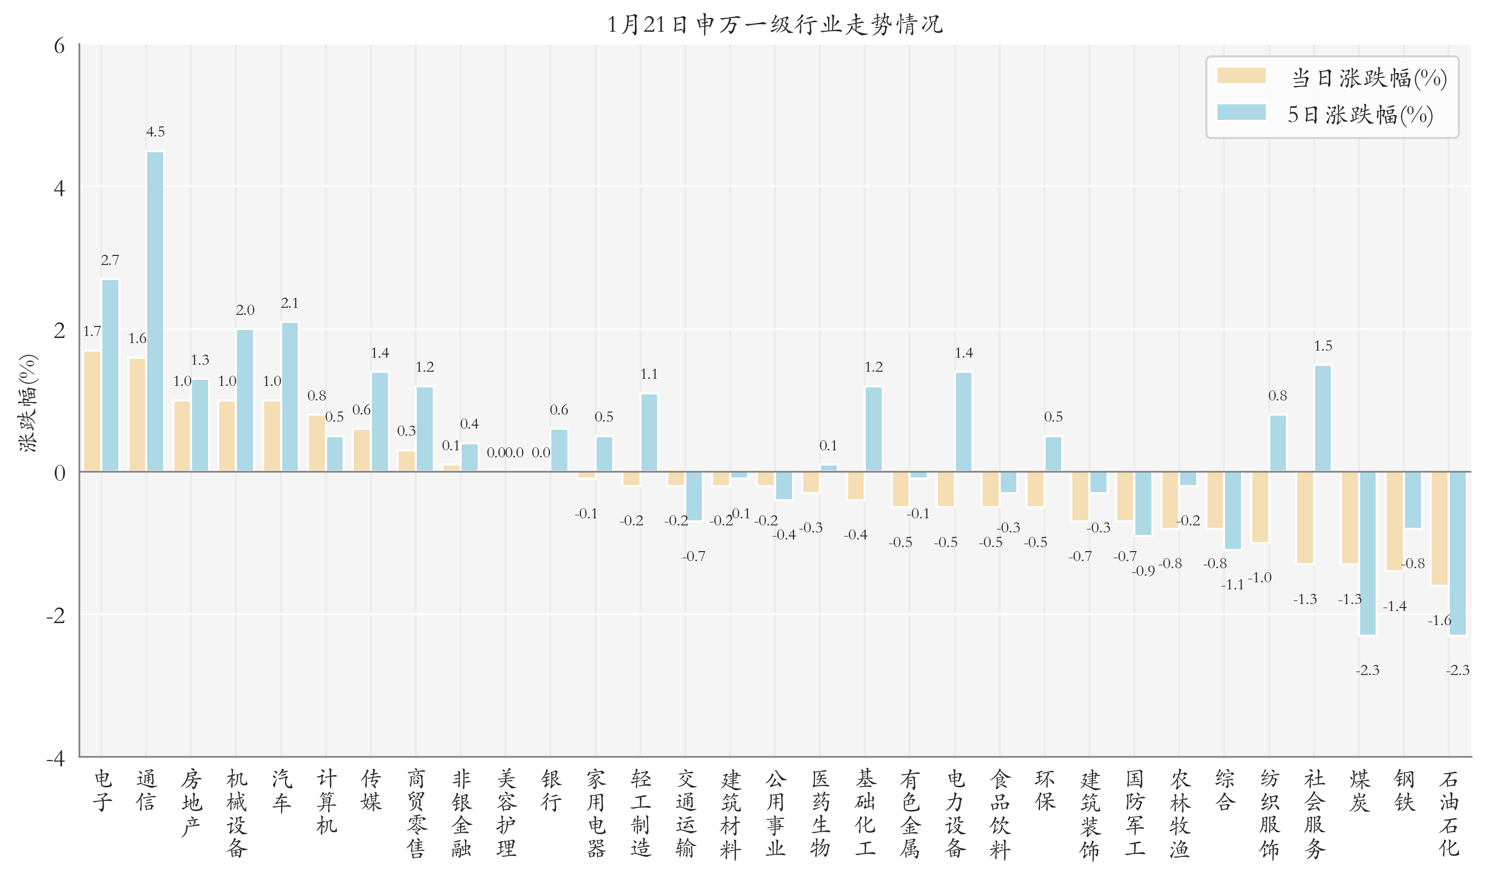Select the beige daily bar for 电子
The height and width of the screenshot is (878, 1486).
coord(92,411)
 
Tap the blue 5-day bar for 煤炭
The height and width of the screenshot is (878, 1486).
coord(1367,553)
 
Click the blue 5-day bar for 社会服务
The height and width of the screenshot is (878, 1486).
coord(1323,418)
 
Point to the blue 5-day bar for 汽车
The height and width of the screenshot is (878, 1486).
coord(290,397)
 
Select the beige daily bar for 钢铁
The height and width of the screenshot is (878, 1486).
coord(1394,521)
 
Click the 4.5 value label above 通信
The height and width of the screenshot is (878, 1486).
coord(155,132)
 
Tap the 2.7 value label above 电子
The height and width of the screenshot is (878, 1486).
coord(110,260)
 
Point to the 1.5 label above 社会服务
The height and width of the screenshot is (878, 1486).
coord(1323,346)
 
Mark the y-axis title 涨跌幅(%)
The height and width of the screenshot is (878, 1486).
coord(28,403)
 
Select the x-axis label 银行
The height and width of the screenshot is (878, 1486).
coord(551,790)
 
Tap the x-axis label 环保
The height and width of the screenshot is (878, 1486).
coord(1045,790)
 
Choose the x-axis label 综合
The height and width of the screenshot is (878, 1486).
coord(1224,790)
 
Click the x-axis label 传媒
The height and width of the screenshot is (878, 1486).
coord(371,790)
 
